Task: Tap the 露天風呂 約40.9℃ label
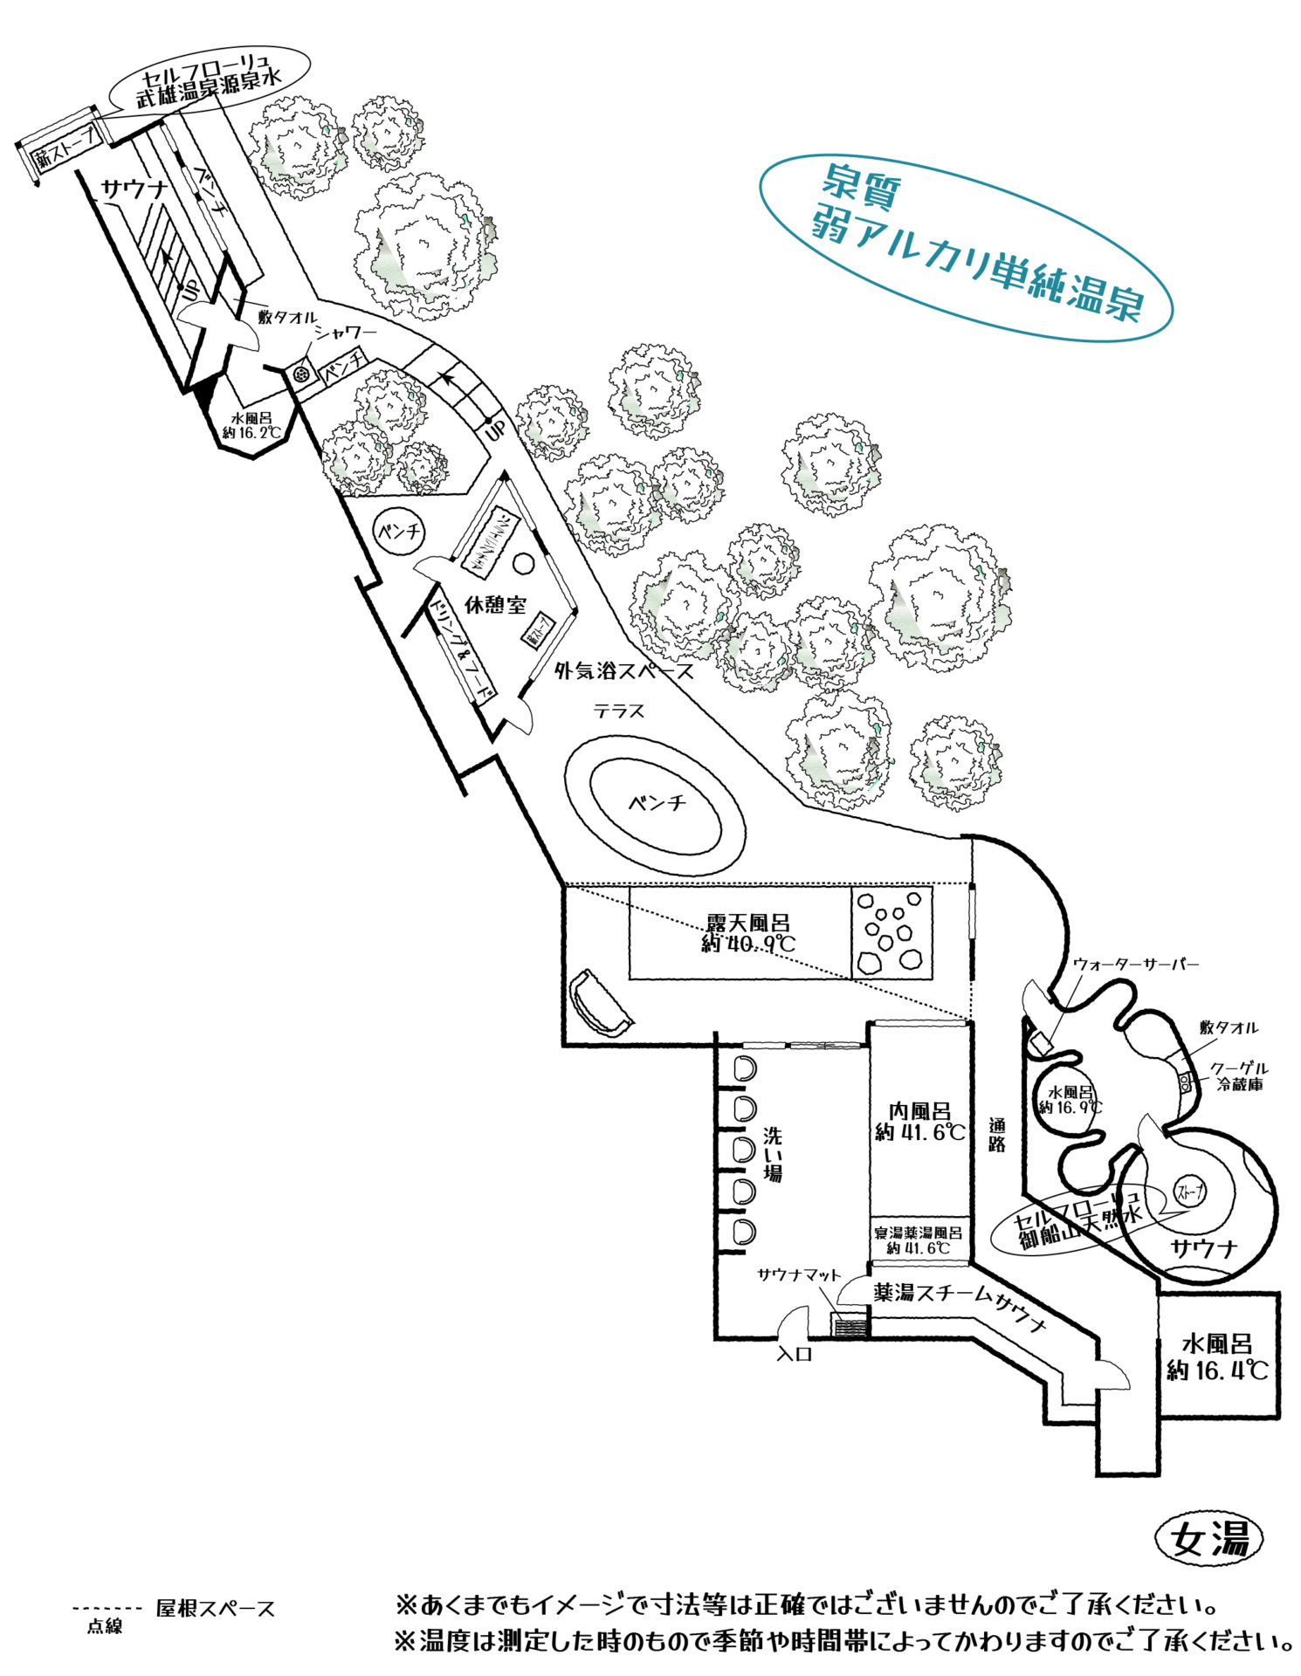coord(748,932)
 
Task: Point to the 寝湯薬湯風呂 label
coord(919,1233)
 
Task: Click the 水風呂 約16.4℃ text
coord(1217,1357)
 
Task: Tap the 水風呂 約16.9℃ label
coord(1070,1099)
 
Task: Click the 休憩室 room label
coord(494,603)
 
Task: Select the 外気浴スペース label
coord(624,670)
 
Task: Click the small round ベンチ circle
coord(399,531)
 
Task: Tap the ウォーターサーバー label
coord(1135,964)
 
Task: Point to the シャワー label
coord(347,333)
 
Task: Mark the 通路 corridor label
coord(997,1134)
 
